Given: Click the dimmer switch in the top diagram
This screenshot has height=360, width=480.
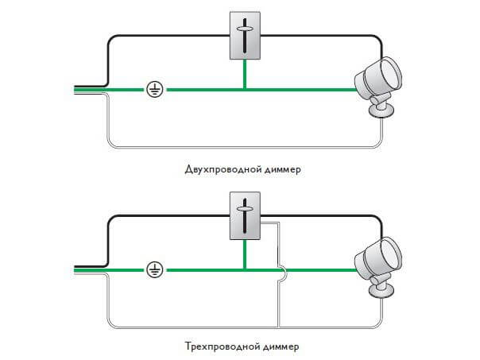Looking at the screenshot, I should coord(245,37).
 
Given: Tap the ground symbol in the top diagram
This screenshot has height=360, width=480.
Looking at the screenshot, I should coord(155,90).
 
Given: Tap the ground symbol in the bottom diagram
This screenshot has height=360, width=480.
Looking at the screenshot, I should coord(155,270).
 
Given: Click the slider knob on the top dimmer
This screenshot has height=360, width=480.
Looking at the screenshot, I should coord(245,33).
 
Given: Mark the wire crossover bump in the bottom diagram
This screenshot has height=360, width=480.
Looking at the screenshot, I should coord(281,270).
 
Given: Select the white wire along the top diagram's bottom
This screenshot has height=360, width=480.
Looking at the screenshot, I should coord(238,147).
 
